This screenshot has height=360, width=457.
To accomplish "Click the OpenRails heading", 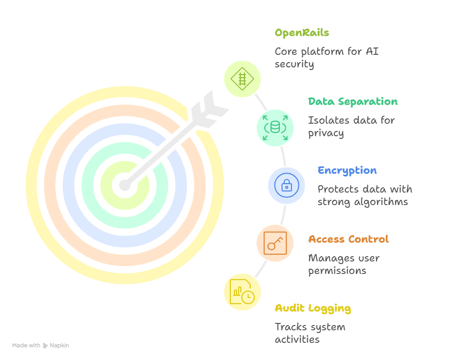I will pyautogui.click(x=301, y=33).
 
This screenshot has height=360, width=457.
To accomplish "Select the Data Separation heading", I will pyautogui.click(x=353, y=102).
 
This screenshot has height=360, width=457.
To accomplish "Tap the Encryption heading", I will pyautogui.click(x=347, y=171).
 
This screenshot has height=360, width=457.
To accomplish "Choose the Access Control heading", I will pyautogui.click(x=348, y=239).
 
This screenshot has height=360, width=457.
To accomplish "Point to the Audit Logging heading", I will pyautogui.click(x=312, y=308).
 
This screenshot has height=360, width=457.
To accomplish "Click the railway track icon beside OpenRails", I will pyautogui.click(x=242, y=79).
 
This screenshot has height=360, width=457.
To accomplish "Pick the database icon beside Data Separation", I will pyautogui.click(x=275, y=127).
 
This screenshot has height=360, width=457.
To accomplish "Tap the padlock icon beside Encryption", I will pyautogui.click(x=286, y=185).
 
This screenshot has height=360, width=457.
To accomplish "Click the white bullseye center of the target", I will pyautogui.click(x=124, y=185).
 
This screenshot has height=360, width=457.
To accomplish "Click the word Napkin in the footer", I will pyautogui.click(x=59, y=345).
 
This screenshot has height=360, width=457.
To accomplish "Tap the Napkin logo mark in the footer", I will pyautogui.click(x=45, y=345).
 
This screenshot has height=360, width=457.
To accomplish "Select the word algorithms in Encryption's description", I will pyautogui.click(x=381, y=202).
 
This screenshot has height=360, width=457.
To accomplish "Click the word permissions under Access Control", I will pyautogui.click(x=337, y=271).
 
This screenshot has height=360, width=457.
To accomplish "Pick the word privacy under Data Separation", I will pyautogui.click(x=325, y=133).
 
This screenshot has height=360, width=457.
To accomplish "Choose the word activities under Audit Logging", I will pyautogui.click(x=297, y=340).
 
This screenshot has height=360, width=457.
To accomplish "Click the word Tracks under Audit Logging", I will pyautogui.click(x=291, y=327).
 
